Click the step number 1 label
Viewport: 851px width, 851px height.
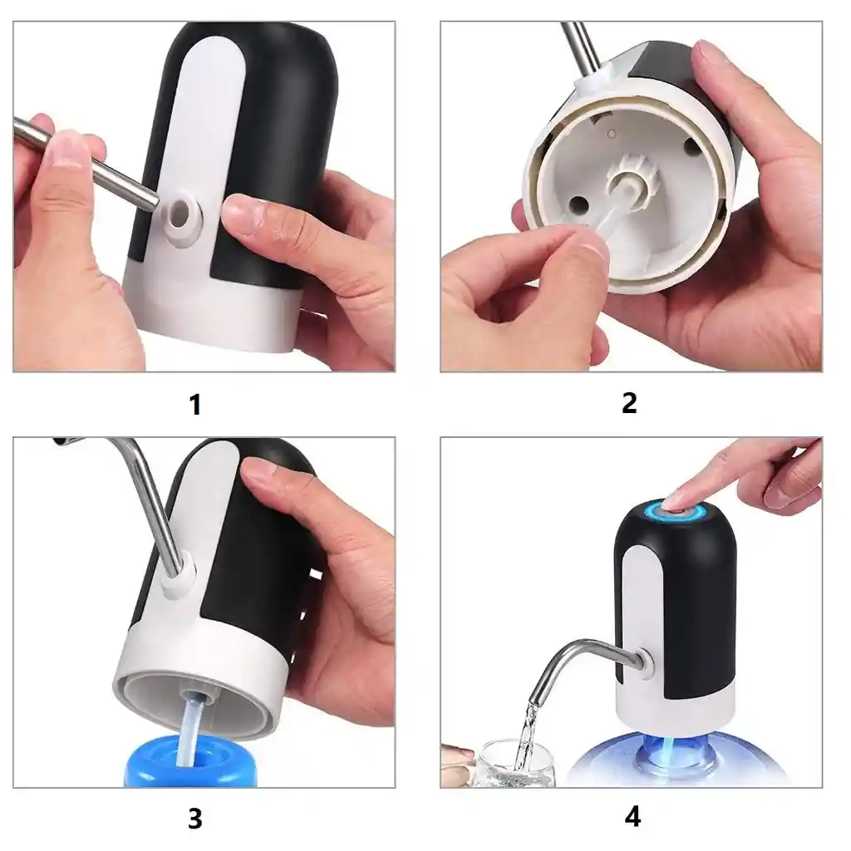(195, 405)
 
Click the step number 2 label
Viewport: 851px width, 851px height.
(629, 403)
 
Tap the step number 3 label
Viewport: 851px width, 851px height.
(194, 819)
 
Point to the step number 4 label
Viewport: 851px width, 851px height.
(632, 817)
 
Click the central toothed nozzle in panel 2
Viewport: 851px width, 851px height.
(632, 178)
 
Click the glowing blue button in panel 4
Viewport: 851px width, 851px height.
(681, 511)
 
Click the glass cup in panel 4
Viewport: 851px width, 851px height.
(513, 764)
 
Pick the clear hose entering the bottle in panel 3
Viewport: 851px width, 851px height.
(191, 730)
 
